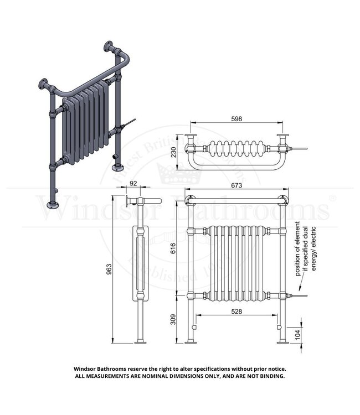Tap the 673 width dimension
[x=237, y=186]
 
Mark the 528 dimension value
[x=236, y=312]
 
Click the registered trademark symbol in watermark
[x=332, y=197]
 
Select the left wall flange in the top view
[x=191, y=142]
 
